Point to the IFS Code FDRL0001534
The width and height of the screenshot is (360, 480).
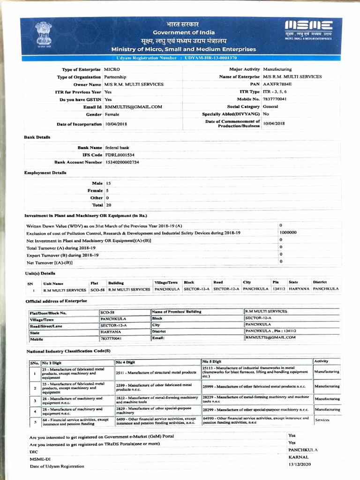[x=120, y=155]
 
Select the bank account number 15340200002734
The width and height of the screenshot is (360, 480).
[x=122, y=162]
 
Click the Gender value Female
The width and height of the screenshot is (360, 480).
[x=112, y=114]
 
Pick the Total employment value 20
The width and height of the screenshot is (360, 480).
[x=108, y=205]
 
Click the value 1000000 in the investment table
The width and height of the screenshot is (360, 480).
[x=287, y=232]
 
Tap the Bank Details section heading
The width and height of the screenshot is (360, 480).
[x=37, y=137]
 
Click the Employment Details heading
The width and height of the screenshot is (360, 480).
[x=45, y=172]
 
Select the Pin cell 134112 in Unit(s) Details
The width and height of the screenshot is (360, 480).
[x=278, y=289]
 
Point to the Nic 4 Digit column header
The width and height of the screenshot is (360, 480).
[x=126, y=362]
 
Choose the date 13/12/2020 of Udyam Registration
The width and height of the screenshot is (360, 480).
[x=300, y=464]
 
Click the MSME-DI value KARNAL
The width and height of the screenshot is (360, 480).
[x=298, y=457]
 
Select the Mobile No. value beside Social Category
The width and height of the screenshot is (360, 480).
[x=275, y=99]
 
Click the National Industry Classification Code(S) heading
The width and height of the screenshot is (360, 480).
[x=68, y=351]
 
